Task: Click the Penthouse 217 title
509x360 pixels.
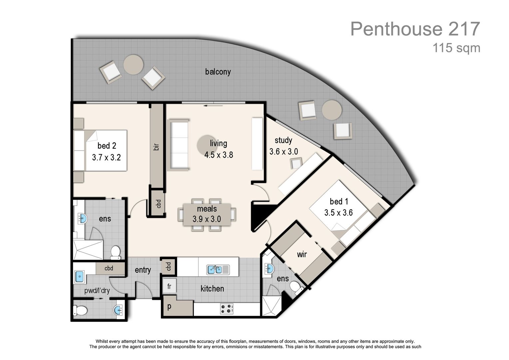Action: click(x=415, y=29)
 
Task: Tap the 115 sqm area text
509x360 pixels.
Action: click(x=456, y=48)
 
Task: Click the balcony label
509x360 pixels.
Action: click(x=218, y=72)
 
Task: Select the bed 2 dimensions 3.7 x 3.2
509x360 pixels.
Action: click(x=106, y=157)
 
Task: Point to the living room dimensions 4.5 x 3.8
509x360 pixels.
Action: click(x=219, y=155)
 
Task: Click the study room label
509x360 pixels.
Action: click(x=283, y=140)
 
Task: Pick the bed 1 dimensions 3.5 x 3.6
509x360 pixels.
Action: click(x=338, y=213)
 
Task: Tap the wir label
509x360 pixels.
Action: click(x=302, y=255)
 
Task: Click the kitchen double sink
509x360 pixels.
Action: click(x=218, y=269)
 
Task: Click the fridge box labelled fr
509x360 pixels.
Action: click(x=169, y=286)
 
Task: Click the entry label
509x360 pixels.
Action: click(x=143, y=270)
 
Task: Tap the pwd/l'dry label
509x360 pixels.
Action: click(x=97, y=291)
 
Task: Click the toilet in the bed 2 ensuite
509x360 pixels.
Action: click(x=116, y=252)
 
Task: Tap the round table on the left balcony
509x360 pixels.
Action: click(x=133, y=65)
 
